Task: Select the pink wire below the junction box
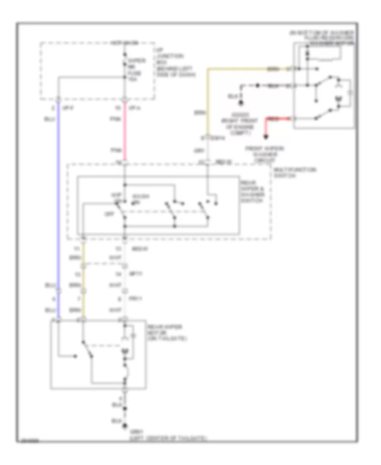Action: point(125,131)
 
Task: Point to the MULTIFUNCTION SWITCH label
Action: point(295,172)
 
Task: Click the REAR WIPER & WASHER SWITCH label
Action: point(253,191)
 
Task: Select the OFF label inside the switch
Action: point(107,214)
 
